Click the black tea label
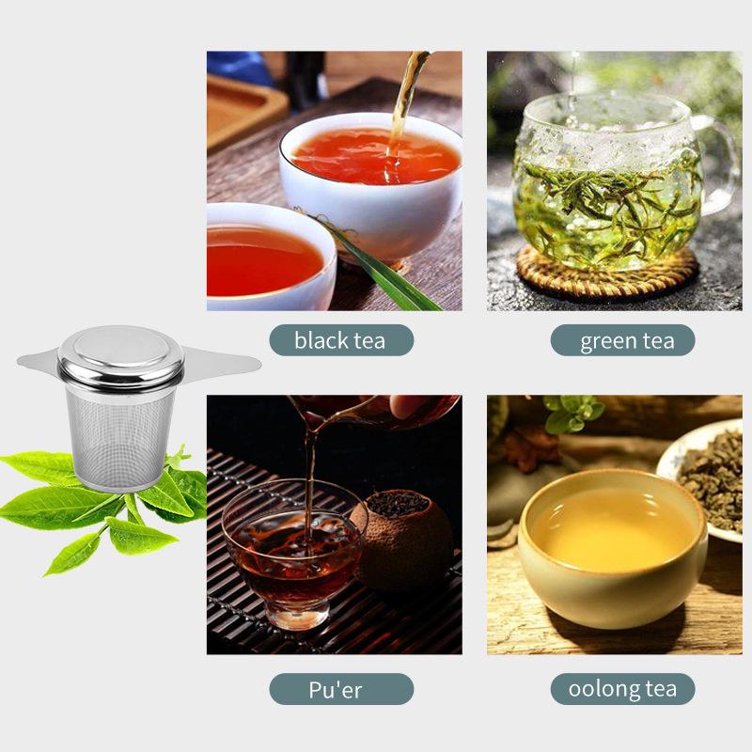[x=340, y=340]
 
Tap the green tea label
[x=622, y=340]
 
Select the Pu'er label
[x=340, y=689]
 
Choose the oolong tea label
[x=622, y=689]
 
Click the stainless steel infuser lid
[x=120, y=355]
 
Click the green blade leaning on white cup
[x=385, y=268]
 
